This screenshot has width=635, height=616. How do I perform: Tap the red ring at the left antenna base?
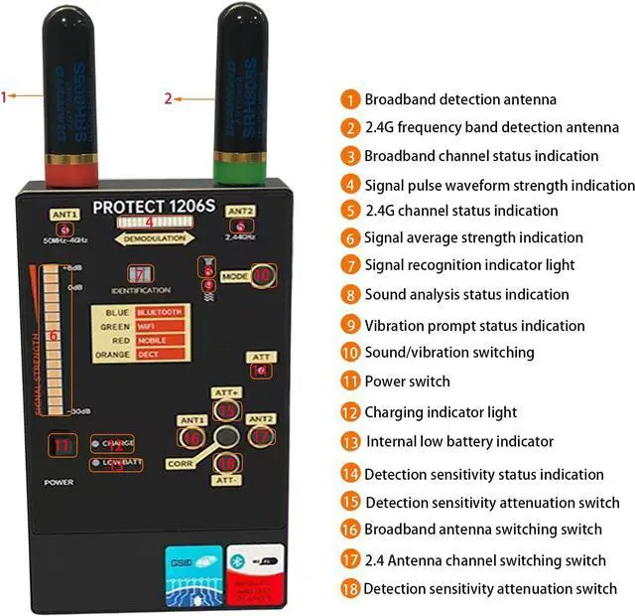(71, 175)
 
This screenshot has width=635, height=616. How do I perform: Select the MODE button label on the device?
(234, 275)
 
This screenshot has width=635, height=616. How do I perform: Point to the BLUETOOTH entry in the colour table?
(160, 311)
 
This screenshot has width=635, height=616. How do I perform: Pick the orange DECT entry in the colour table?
(160, 354)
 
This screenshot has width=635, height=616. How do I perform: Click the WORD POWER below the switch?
(60, 481)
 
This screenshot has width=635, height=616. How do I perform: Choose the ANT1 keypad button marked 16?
(192, 435)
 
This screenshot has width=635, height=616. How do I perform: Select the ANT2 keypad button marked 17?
(260, 435)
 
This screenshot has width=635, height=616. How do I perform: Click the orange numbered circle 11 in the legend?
(350, 382)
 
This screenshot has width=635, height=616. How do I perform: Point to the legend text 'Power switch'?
(407, 382)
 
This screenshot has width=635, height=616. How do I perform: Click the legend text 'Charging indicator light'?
(441, 412)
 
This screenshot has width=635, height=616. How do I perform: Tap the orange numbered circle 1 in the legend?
(350, 99)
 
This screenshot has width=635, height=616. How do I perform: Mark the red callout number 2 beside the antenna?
(169, 98)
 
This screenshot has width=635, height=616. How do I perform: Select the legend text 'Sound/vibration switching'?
(448, 352)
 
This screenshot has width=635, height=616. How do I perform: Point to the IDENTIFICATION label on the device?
(141, 290)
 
